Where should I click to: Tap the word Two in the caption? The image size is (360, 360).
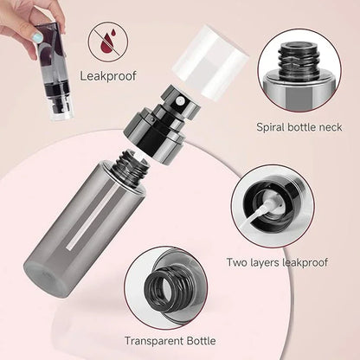237,261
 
